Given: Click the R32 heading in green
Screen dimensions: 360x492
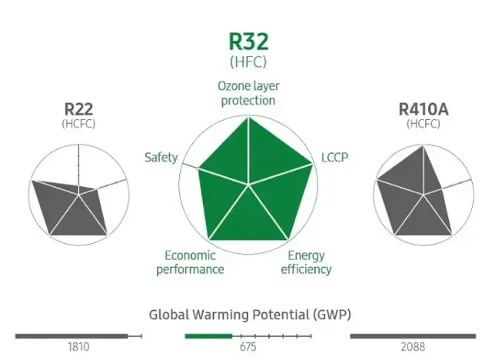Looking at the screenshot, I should click(248, 42).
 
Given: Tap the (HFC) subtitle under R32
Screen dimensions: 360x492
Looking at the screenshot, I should click(248, 61).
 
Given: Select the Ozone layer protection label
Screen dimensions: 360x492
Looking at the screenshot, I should click(248, 92).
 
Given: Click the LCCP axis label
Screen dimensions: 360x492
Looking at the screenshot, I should click(334, 158).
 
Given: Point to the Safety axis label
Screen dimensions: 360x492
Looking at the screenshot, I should click(161, 158).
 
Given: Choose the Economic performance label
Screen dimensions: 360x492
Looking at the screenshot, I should click(190, 262).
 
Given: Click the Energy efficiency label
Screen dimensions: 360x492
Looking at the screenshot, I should click(306, 262).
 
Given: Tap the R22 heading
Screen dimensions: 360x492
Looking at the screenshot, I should click(78, 108).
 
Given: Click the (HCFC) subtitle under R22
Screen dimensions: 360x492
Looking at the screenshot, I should click(78, 123).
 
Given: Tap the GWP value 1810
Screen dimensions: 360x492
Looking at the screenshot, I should click(78, 347).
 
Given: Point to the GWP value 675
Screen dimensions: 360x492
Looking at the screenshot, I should click(248, 347).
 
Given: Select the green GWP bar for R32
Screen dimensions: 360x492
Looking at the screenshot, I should click(208, 336).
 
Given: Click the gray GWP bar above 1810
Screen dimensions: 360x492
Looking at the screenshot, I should click(71, 336).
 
